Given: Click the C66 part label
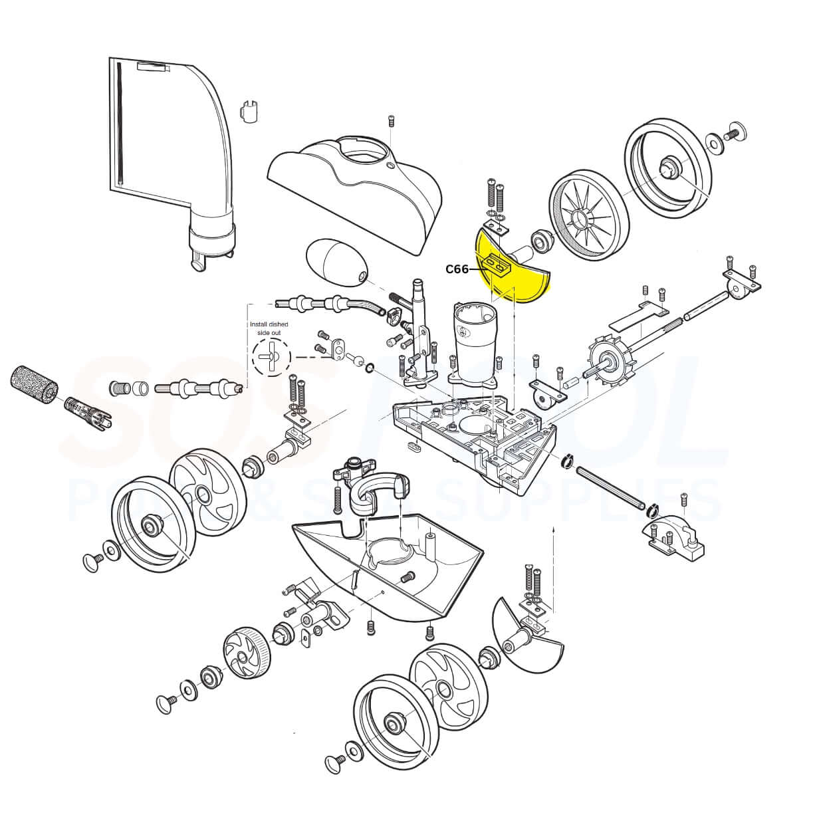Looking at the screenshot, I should [x=457, y=269].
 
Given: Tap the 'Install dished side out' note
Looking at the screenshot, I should [x=269, y=327].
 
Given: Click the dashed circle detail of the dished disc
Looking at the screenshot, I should [x=271, y=357].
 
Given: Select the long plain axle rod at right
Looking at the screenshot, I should [x=612, y=487].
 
